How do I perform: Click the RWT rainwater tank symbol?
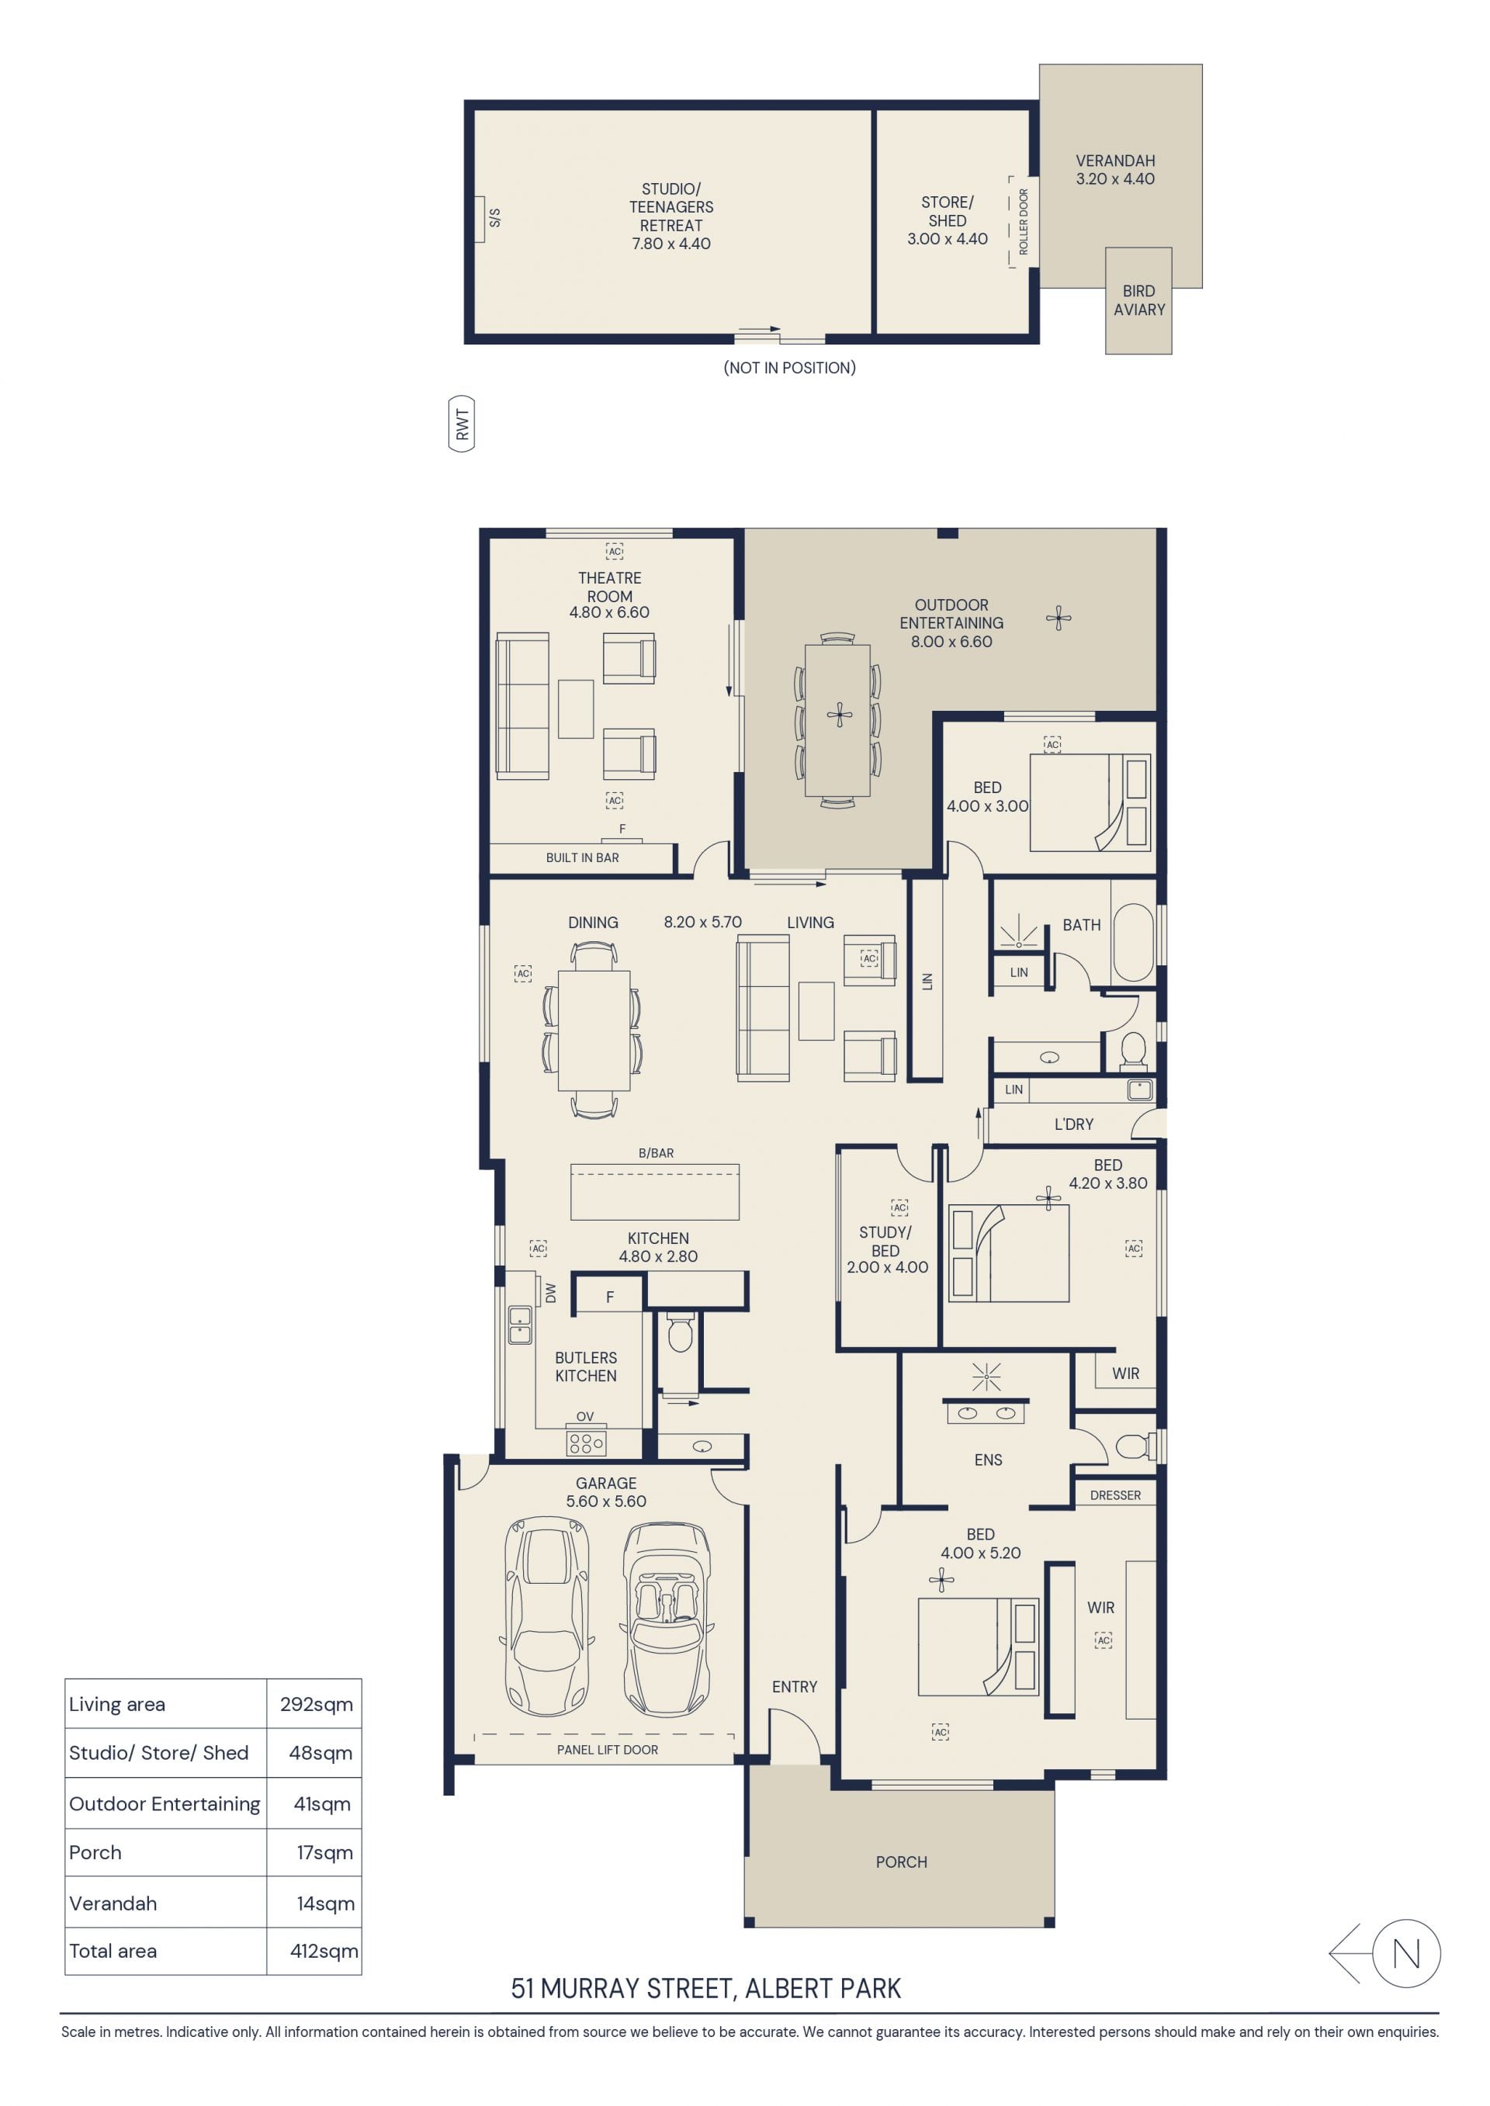click(x=462, y=424)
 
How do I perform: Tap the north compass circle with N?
click(x=1406, y=1954)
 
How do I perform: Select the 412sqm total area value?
click(x=324, y=1951)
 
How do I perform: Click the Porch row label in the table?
click(x=95, y=1852)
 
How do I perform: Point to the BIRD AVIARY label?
click(x=1139, y=300)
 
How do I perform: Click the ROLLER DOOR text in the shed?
click(x=1024, y=222)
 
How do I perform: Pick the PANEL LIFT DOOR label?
click(x=608, y=1749)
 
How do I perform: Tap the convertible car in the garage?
click(x=667, y=1620)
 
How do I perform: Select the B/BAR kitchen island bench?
click(x=655, y=1191)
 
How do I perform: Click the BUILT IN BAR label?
click(x=583, y=857)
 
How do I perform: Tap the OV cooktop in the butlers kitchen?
click(x=586, y=1443)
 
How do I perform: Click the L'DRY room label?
click(x=1073, y=1124)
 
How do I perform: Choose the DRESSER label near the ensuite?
click(x=1116, y=1495)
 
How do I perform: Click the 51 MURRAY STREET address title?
click(x=706, y=1988)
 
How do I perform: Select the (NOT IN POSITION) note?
click(x=790, y=368)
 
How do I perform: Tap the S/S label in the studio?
click(x=495, y=217)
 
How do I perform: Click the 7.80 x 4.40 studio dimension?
click(x=671, y=244)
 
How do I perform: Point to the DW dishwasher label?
click(x=550, y=1293)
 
